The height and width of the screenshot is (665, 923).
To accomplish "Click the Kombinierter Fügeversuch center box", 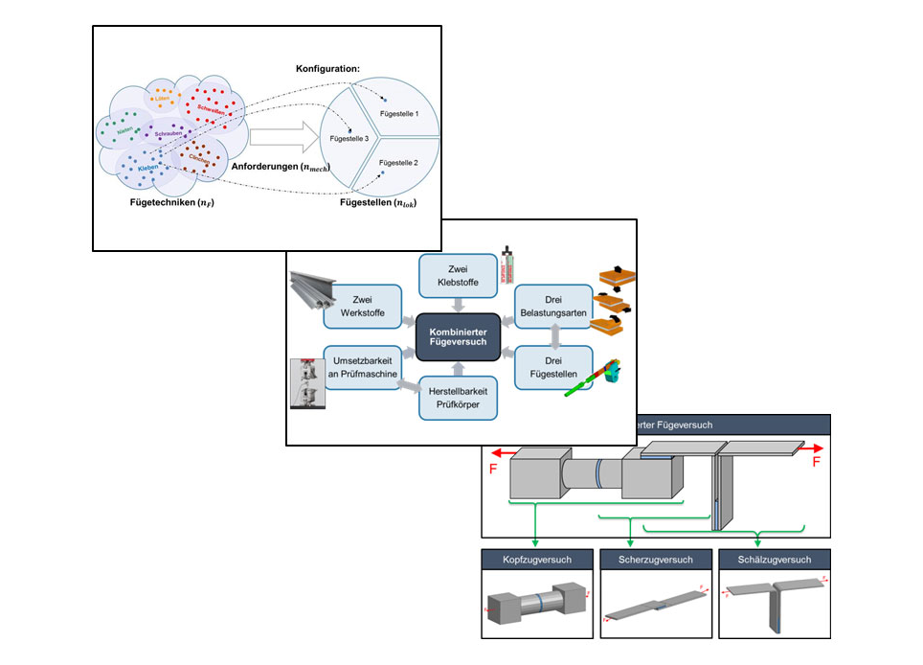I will pos(458,337).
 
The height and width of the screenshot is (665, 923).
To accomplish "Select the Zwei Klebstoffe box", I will pos(458,276).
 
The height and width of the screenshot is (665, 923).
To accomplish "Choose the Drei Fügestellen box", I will pos(553,367).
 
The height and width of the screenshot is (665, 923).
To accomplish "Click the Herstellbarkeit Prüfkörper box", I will pos(458,398).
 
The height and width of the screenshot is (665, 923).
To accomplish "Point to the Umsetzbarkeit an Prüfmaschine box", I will pos(360,367).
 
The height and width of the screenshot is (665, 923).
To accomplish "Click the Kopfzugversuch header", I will pos(535,560).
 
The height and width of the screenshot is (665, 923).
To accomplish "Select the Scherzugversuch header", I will pos(655,560).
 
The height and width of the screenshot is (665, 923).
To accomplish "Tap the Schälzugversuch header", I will pos(775,560).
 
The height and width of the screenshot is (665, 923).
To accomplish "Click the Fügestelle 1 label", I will pos(398,114).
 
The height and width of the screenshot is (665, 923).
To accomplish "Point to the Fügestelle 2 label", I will pos(398,164).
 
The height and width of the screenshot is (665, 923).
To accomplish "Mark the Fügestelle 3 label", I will pos(349,139).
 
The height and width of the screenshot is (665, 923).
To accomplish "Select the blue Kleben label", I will pos(147,169).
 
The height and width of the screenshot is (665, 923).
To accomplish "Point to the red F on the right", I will pos(817,461).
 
